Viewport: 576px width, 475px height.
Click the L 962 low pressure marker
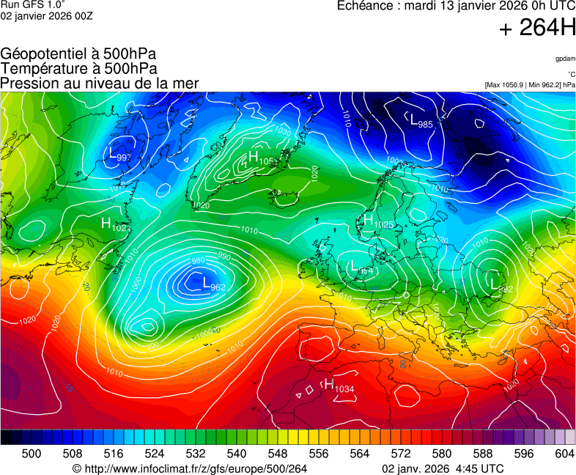coord(213,284)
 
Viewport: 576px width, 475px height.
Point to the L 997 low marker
coord(119,155)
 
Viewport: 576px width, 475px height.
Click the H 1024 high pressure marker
coord(116,225)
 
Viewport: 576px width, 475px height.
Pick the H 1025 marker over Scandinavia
coord(378,221)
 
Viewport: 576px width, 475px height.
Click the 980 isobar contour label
coord(198,261)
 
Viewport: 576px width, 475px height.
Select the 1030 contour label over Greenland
coord(282,130)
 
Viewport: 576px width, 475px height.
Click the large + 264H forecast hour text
coord(536,28)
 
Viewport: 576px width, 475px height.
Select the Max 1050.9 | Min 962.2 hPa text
coord(529,85)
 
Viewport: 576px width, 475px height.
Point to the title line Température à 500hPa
coord(78,68)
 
